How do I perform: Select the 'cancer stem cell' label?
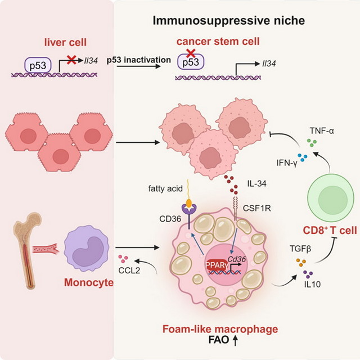(x=219, y=43)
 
